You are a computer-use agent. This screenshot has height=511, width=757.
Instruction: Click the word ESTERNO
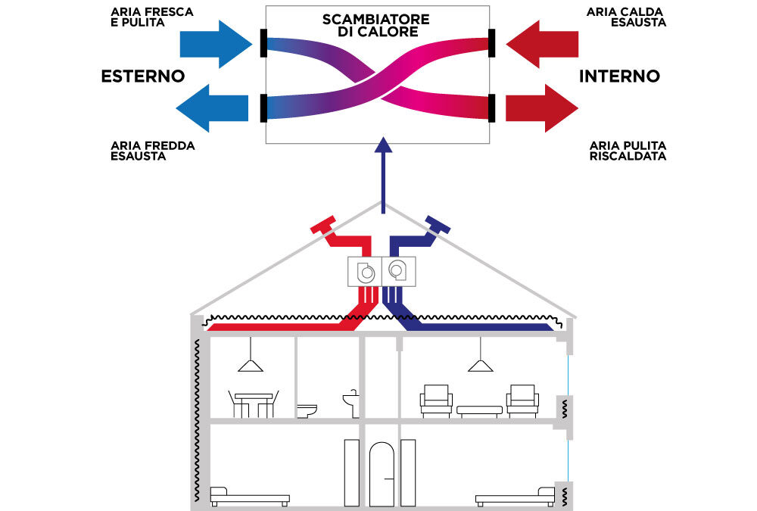(143, 76)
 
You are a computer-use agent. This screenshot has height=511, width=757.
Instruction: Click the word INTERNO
(619, 76)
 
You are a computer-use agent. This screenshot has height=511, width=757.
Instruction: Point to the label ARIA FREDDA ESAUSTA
(152, 151)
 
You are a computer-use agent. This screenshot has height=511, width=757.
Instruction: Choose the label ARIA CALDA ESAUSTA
(626, 17)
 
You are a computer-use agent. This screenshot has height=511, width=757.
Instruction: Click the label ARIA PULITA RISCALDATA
(628, 150)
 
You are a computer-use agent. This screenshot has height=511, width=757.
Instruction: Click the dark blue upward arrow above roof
(384, 174)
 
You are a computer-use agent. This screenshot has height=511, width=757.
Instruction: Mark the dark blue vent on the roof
(438, 224)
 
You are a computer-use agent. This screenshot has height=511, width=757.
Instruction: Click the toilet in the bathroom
(307, 410)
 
